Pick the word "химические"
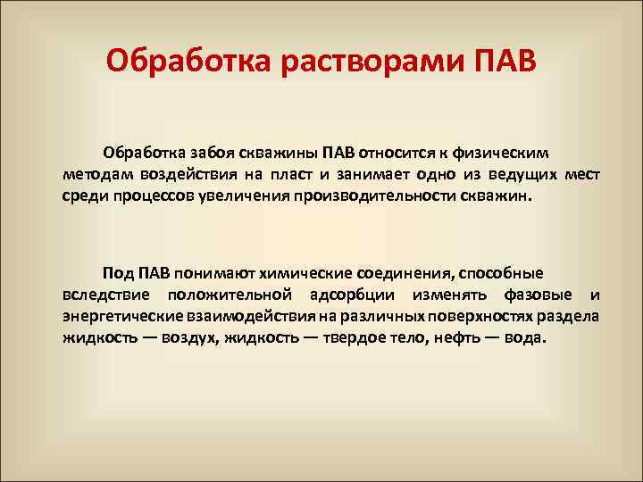coord(305,273)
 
